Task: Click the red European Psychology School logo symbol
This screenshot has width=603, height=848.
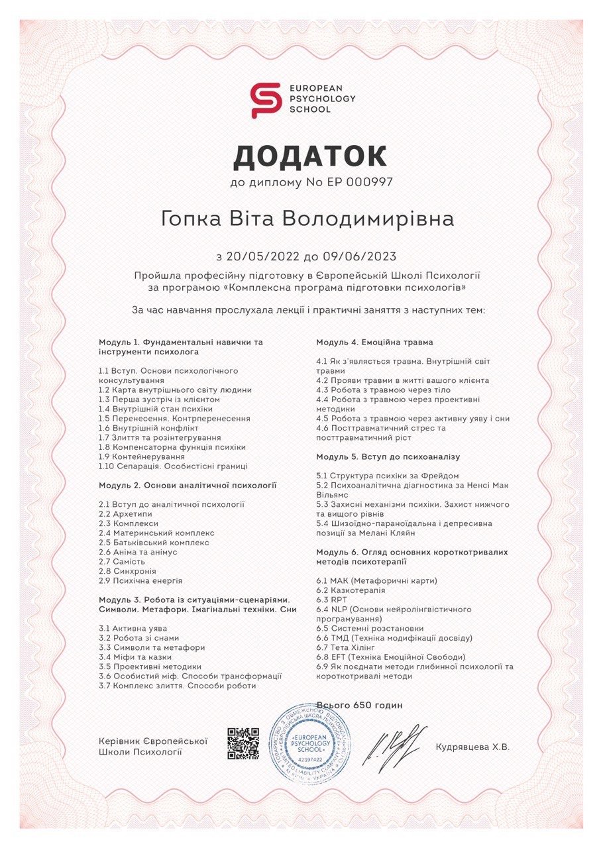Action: (x=265, y=100)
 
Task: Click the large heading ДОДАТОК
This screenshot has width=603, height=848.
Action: (x=310, y=156)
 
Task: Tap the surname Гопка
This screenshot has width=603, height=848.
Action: (x=192, y=219)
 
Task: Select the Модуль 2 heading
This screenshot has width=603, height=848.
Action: (x=188, y=486)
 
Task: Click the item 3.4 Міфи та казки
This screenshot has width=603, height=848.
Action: (x=135, y=657)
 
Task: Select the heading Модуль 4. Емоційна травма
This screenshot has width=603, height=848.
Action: (x=374, y=343)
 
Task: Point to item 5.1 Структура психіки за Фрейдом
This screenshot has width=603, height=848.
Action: (x=384, y=476)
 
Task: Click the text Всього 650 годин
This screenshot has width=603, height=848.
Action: (x=359, y=706)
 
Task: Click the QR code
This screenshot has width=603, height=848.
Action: (x=243, y=743)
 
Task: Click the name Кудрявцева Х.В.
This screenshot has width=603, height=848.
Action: (x=472, y=747)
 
